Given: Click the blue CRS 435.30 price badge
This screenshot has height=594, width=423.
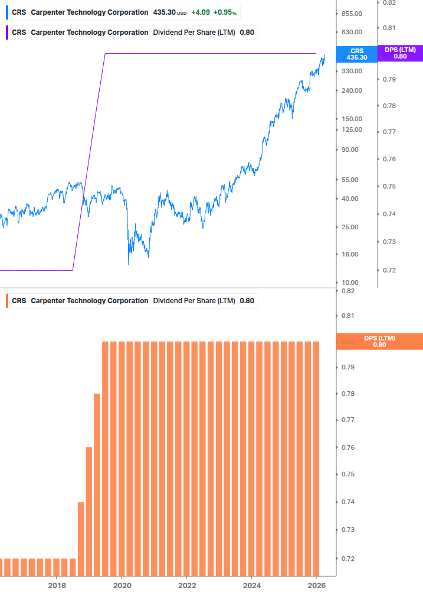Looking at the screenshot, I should tap(357, 54).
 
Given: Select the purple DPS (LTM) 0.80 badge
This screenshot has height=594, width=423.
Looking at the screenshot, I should tap(400, 53).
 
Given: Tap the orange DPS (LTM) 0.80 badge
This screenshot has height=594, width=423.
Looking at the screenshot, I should tap(379, 341).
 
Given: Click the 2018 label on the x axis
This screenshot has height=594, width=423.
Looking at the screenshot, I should tap(57, 585).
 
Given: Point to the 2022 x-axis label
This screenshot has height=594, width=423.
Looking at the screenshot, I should tap(186, 585).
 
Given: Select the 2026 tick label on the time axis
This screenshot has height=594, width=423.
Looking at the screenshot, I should tap(316, 585).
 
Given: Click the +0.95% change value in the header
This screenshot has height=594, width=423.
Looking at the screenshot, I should tap(225, 12).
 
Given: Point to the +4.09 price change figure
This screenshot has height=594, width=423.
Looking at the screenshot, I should tap(201, 12).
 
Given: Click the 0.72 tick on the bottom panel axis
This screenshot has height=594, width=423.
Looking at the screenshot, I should tap(348, 559).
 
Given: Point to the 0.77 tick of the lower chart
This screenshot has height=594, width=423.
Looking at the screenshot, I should tap(348, 420).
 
